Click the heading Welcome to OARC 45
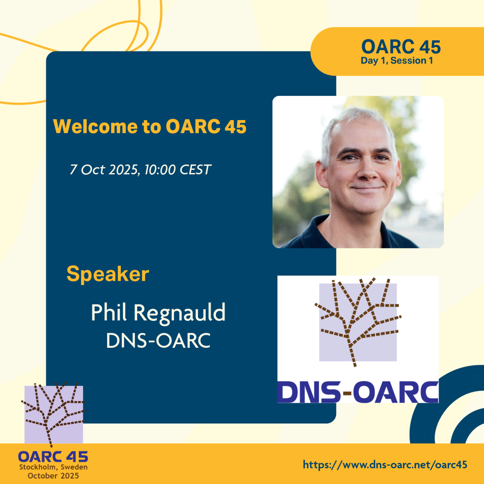pos(150,126)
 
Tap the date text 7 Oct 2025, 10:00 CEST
pos(140,170)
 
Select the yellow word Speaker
pos(108,275)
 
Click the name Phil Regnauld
pos(158,313)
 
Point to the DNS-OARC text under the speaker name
pos(158,340)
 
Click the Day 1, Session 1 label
pos(397,60)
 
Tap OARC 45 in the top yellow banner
pos(401,47)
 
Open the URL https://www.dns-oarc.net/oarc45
pos(385,465)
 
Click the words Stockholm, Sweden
pos(53,467)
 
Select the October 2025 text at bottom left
pos(53,475)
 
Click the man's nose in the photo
pos(367,172)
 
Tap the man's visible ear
pos(321,175)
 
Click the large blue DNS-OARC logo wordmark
pos(358,392)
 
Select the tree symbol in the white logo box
pos(358,321)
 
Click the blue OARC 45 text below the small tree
pos(53,457)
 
